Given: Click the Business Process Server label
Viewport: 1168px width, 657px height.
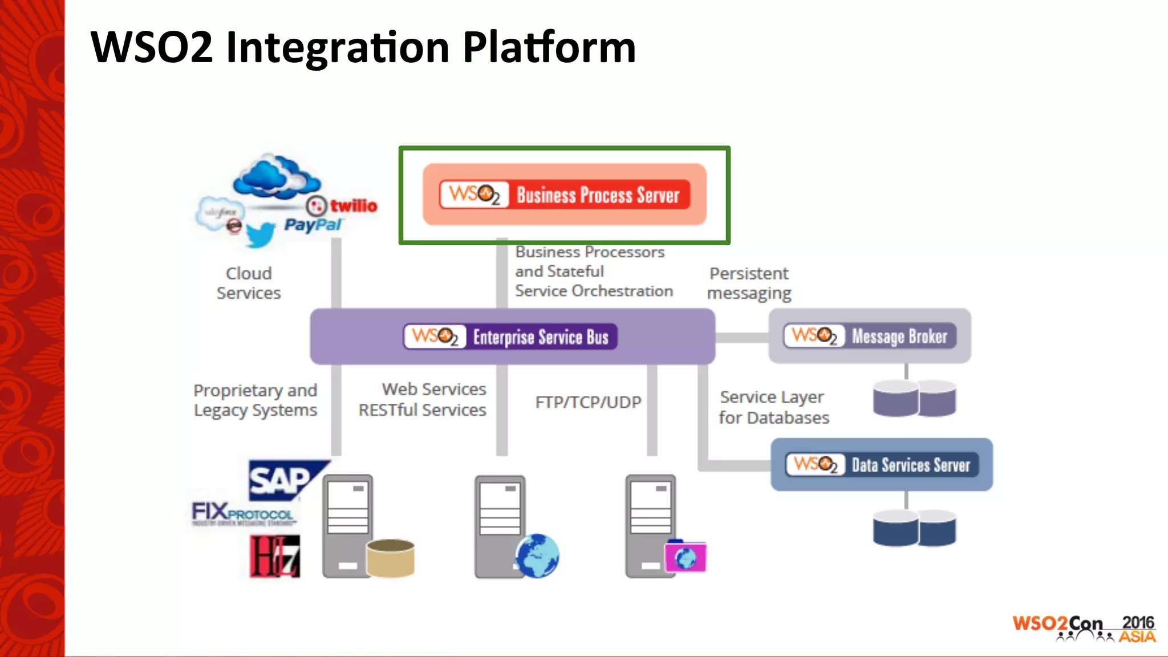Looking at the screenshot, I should (x=597, y=195).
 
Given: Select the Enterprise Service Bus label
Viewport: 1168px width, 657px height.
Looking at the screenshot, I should (x=540, y=337).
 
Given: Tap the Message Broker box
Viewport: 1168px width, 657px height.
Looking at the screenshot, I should (x=869, y=336).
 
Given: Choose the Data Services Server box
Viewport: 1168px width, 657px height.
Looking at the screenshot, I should (x=881, y=465).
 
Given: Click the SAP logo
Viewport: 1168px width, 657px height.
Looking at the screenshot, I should (x=283, y=480).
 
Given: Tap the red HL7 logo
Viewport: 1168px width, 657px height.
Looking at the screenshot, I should (x=275, y=556).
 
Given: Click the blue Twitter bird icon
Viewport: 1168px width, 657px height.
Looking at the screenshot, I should (x=260, y=234).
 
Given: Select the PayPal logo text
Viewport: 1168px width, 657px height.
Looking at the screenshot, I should (x=313, y=225).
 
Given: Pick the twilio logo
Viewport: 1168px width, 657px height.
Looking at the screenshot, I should (x=342, y=205).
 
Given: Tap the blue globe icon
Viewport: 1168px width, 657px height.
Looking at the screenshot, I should (x=537, y=555).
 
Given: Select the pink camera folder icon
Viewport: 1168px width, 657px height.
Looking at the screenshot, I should (x=686, y=557).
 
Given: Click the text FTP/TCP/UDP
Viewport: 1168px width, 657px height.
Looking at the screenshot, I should (x=588, y=402).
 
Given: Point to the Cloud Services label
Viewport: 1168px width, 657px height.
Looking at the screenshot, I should (x=249, y=283).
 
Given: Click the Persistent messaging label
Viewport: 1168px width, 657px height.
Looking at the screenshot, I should (x=749, y=283).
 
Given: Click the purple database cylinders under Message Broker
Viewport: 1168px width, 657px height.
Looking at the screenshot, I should (x=914, y=398).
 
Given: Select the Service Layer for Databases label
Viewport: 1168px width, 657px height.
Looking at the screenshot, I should (x=773, y=407).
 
